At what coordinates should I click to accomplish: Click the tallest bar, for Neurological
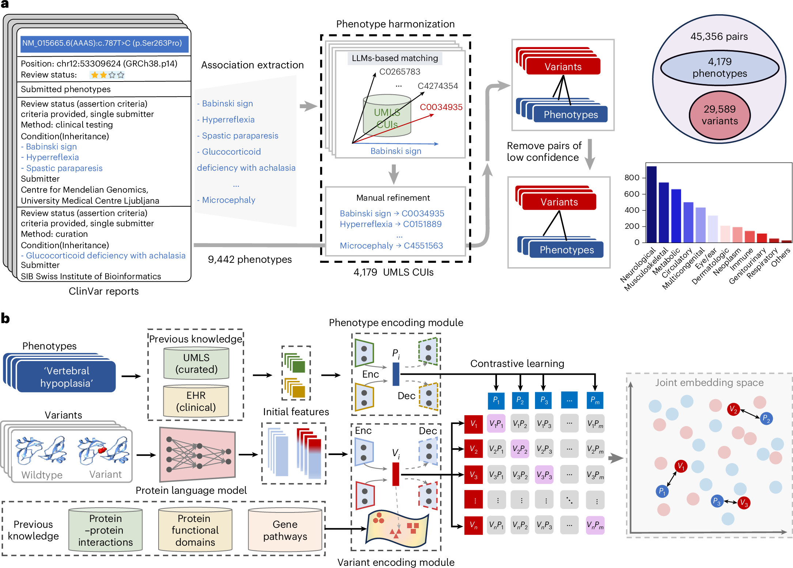tap(651, 204)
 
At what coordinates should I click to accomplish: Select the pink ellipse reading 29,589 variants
tap(720, 115)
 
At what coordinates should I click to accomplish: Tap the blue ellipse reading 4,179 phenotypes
tap(720, 68)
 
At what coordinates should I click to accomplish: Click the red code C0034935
tap(441, 107)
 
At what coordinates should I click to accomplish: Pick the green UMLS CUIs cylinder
tap(387, 116)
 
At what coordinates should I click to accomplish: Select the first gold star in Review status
tap(95, 75)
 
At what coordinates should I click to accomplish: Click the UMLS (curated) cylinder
tap(196, 363)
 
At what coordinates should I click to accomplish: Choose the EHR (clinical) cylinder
tap(196, 401)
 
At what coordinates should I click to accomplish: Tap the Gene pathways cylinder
tap(285, 530)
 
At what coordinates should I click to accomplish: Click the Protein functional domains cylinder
tap(195, 530)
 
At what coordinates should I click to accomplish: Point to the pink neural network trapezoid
tap(197, 454)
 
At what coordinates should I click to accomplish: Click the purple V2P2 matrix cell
tap(520, 449)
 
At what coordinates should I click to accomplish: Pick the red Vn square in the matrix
tap(474, 526)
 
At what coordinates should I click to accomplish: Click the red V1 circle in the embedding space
tap(681, 466)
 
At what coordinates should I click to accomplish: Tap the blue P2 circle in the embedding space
tap(766, 419)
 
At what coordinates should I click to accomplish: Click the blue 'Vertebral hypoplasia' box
tap(66, 376)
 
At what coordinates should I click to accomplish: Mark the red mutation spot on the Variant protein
tap(102, 450)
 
